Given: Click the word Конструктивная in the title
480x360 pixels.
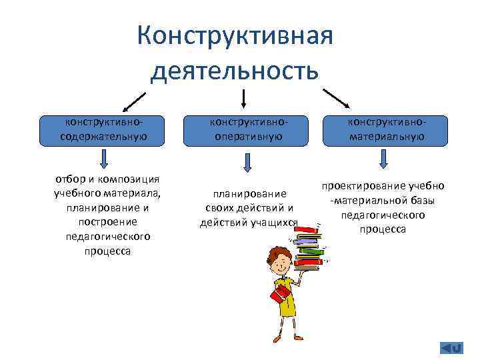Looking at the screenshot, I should tap(235, 35).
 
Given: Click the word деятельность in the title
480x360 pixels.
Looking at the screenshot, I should tap(235, 69).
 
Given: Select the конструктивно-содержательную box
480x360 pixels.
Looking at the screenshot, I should tap(103, 130).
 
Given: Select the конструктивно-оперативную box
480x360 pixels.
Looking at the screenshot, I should tap(246, 130).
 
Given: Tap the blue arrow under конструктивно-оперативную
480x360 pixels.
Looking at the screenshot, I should tap(247, 162).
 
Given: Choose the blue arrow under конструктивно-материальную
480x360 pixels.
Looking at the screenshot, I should tap(383, 159).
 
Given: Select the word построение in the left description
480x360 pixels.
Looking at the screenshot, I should tap(107, 221).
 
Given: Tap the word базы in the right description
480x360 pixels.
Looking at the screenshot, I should tap(422, 200).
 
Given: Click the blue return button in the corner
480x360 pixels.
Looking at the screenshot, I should tap(451, 347).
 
